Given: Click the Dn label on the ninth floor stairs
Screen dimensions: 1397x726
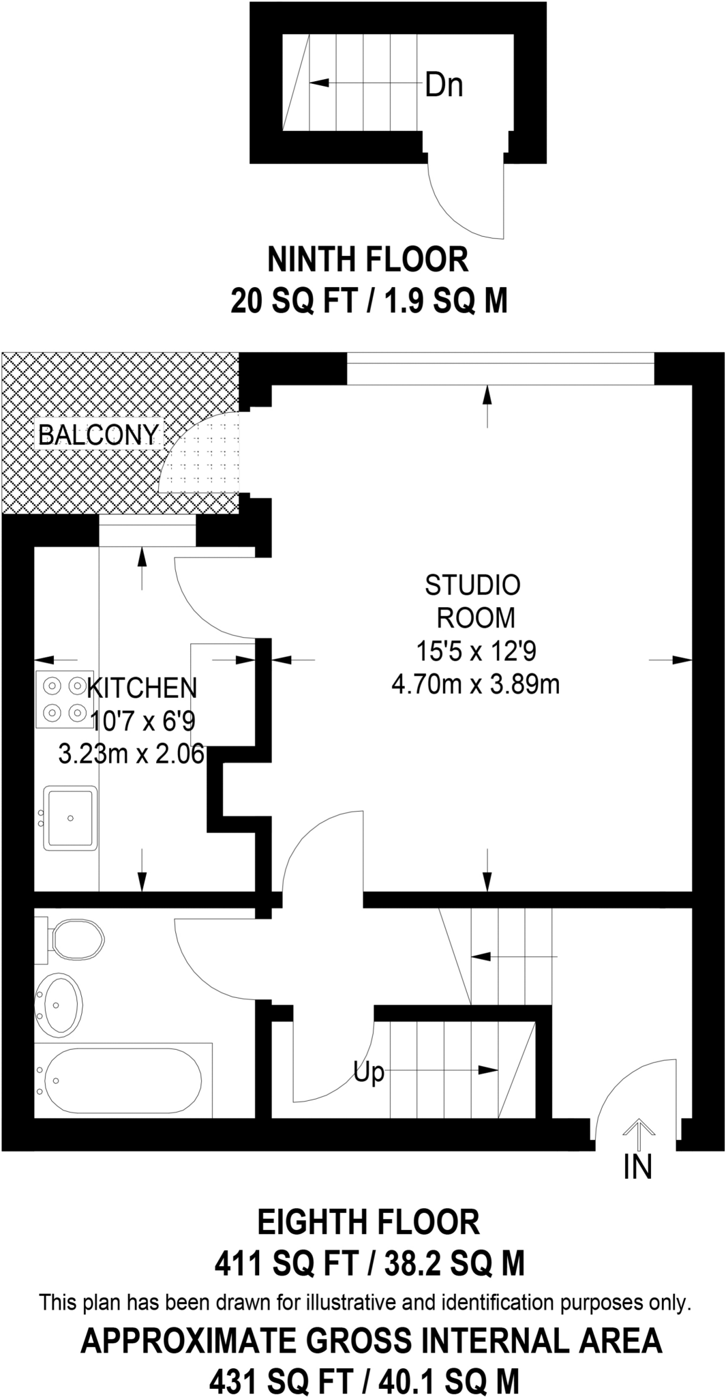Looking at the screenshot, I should (x=444, y=85).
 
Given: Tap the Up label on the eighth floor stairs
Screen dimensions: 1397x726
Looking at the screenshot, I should (x=369, y=1072).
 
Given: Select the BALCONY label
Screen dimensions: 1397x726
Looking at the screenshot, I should (x=98, y=435).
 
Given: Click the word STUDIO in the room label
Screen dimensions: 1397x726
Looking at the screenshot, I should (x=472, y=585).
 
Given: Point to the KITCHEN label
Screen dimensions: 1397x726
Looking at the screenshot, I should (x=142, y=688).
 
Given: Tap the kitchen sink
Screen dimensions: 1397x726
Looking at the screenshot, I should (x=70, y=817).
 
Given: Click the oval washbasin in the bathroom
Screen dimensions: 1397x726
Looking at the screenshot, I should (x=59, y=1005).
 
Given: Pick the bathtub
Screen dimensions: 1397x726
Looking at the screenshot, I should (x=119, y=1080).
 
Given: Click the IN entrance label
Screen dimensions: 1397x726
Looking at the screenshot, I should (x=637, y=1166).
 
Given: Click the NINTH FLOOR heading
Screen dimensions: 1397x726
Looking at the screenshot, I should (x=368, y=259).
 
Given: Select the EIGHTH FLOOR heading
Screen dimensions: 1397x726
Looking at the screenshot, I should (x=368, y=1222).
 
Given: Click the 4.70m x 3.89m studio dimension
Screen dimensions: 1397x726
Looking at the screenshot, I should (x=475, y=683).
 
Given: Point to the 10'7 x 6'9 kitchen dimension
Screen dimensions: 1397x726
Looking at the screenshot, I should (x=142, y=721).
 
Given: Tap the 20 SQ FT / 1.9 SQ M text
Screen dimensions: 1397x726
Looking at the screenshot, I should (x=369, y=300).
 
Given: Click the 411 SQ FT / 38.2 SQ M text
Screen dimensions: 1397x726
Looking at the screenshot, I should (x=369, y=1263).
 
